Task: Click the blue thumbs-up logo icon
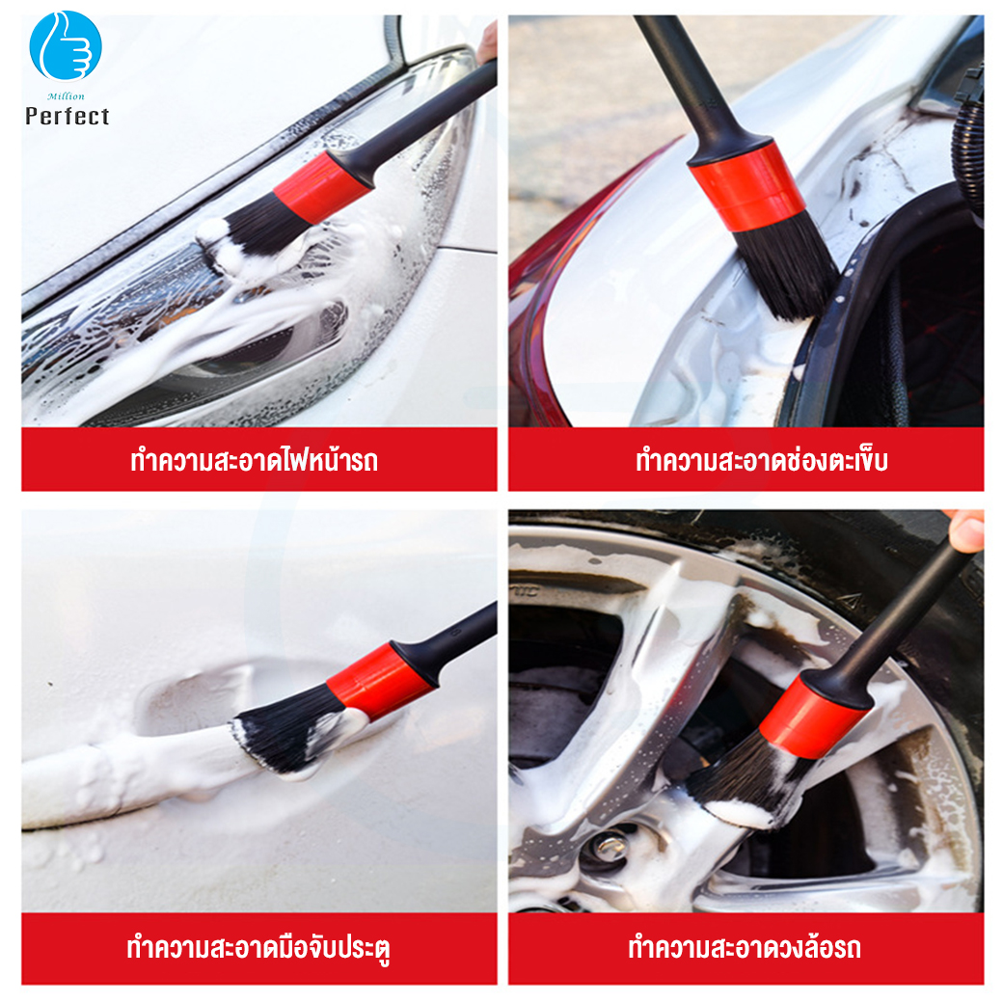click(66, 45)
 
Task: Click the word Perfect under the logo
click(68, 117)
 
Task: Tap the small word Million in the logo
click(66, 96)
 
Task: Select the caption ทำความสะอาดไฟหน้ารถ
click(254, 461)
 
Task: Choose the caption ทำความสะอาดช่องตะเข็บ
click(762, 461)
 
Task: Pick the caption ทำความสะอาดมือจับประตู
click(258, 948)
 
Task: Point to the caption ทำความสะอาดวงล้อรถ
click(745, 948)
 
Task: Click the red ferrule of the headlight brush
click(323, 188)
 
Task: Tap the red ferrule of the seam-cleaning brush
click(746, 185)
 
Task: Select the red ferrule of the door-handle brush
click(381, 682)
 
